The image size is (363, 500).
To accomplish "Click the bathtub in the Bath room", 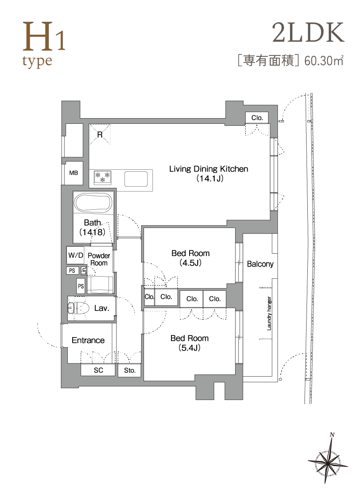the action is click(x=93, y=203).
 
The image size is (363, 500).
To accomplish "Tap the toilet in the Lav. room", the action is click(x=78, y=308).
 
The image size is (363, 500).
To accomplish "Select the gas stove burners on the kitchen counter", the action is click(x=103, y=177).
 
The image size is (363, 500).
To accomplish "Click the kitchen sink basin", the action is click(x=136, y=179).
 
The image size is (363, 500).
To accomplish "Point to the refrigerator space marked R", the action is click(x=100, y=134).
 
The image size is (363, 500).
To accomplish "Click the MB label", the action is click(x=73, y=173).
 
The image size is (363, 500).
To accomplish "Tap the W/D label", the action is click(x=76, y=255).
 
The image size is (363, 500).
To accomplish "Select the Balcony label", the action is click(x=260, y=264).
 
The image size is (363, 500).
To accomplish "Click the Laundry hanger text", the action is click(x=269, y=313).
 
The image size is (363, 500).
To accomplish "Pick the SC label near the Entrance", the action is click(x=98, y=370).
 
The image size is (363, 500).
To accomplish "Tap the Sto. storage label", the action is click(x=130, y=370).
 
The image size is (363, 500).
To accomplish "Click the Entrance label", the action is click(x=88, y=340).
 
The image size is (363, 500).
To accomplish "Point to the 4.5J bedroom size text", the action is click(x=190, y=263).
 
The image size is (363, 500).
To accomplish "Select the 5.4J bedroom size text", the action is click(x=190, y=348).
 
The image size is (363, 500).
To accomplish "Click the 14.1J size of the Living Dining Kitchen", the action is click(x=210, y=179).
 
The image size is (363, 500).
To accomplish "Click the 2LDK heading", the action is click(x=308, y=33).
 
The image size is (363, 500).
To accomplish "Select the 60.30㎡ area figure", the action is click(x=324, y=60).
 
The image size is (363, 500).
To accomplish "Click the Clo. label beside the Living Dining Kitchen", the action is click(x=257, y=118).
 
